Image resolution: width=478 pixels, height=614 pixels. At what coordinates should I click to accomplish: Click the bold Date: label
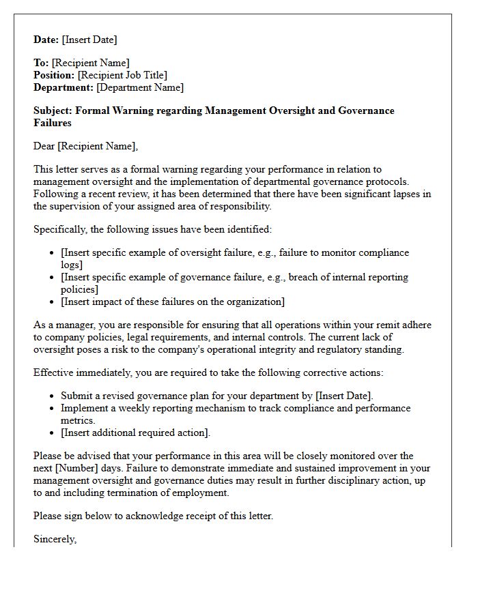point(47,40)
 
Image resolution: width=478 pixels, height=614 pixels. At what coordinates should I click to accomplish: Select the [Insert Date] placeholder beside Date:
point(90,40)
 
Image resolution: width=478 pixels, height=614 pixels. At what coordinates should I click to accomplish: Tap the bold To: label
point(41,63)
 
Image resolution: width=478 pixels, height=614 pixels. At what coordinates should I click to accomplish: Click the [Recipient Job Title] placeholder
point(122,75)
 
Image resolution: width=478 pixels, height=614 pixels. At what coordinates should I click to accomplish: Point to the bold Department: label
point(64,87)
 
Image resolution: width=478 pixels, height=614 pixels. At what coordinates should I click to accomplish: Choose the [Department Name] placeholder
point(140,87)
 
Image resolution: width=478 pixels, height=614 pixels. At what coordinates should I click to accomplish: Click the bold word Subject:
point(53,111)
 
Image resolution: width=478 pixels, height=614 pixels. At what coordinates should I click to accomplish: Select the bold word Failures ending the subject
point(53,123)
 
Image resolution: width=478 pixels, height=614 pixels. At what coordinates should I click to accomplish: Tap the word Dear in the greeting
point(44,146)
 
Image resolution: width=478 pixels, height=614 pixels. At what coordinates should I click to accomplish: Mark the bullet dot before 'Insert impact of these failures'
point(53,302)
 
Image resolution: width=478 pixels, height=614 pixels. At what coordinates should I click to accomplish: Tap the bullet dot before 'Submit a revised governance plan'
point(53,396)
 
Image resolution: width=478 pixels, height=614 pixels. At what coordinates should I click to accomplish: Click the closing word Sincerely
point(55,539)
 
